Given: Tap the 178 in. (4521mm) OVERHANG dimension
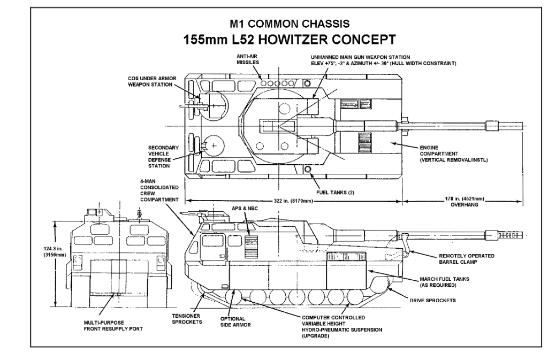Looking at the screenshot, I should (462, 201).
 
